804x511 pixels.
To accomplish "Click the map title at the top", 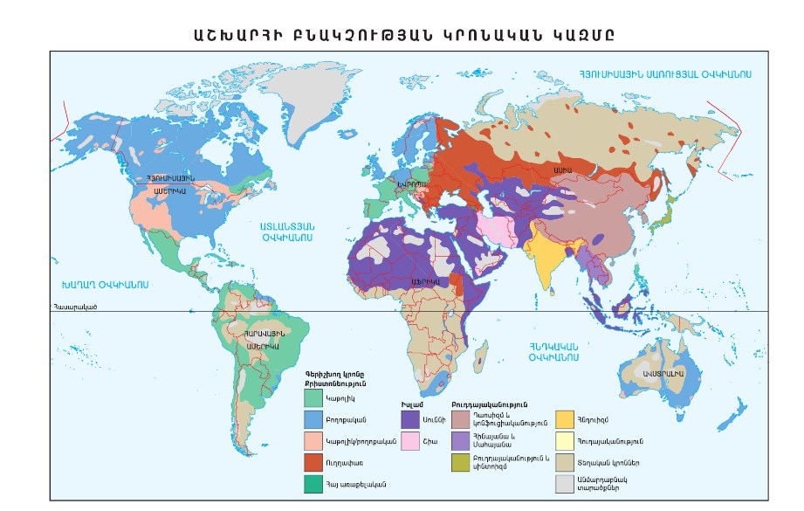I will click(x=402, y=34).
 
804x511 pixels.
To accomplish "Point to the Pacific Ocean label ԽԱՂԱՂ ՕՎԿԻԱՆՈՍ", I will click(x=105, y=285).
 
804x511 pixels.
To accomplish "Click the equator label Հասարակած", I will click(x=74, y=307).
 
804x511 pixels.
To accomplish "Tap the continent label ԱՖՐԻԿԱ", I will click(x=425, y=282).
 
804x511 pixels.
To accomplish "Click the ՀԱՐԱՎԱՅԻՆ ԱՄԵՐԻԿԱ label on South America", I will click(x=262, y=339).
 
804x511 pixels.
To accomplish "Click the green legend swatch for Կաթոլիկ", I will click(x=313, y=397).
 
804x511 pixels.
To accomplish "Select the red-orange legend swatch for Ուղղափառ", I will click(x=313, y=461).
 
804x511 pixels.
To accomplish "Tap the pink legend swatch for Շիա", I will click(x=411, y=440).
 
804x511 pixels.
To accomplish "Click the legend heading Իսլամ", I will click(x=411, y=404).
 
